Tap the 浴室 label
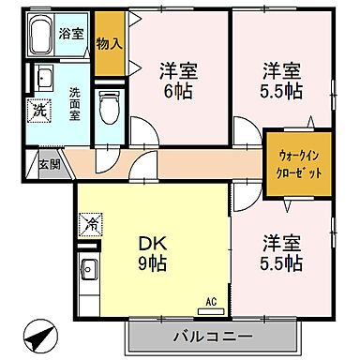71,34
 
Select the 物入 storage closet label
109,43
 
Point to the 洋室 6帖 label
179,79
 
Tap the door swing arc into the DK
144,172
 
